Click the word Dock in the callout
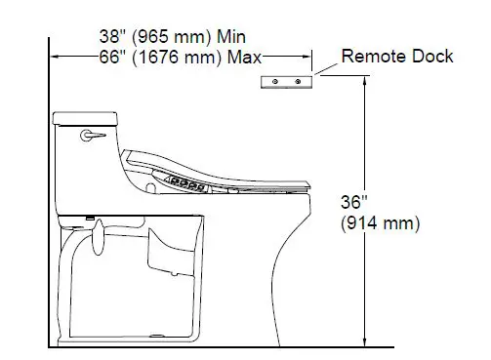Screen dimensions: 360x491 [430, 57]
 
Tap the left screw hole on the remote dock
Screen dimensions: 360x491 [276, 80]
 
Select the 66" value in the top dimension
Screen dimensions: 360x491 [112, 57]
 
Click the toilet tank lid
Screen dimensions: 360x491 [86, 119]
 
